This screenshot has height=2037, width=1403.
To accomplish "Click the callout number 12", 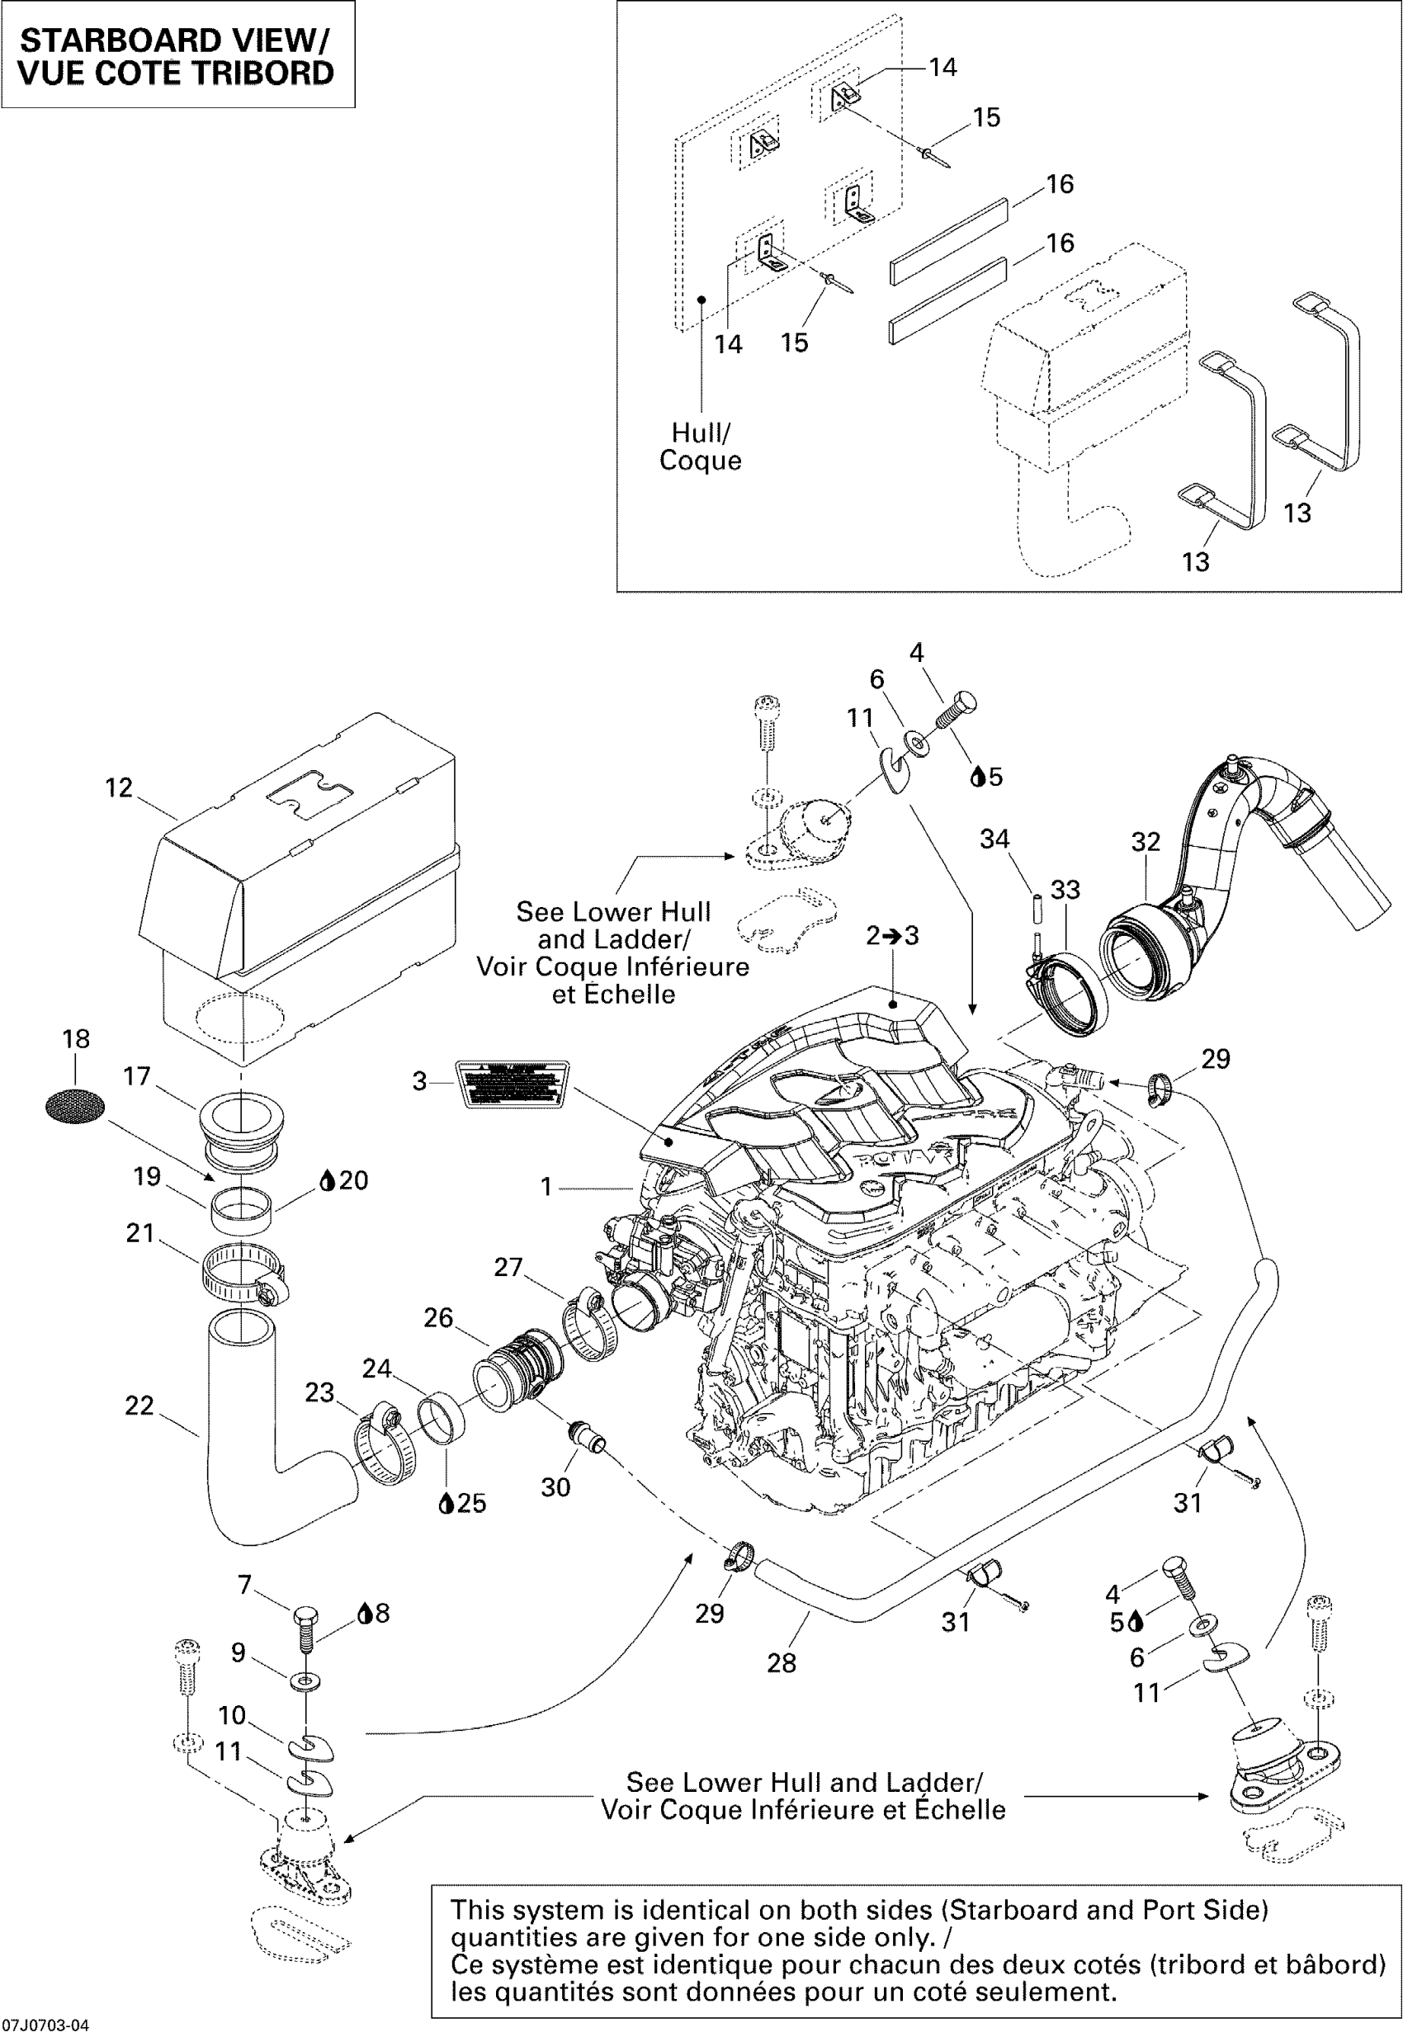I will click(x=119, y=787).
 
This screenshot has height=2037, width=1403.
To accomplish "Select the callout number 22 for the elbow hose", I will click(x=139, y=1406).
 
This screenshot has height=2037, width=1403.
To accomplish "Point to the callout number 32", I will click(x=1146, y=842).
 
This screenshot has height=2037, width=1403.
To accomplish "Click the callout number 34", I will click(x=994, y=839).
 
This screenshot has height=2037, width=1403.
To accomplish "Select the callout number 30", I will click(x=555, y=1486).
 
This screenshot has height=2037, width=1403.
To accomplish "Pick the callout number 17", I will click(x=137, y=1076).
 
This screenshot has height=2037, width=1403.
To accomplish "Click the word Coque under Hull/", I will click(x=700, y=461).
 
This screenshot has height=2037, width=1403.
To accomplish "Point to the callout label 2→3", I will click(x=892, y=935).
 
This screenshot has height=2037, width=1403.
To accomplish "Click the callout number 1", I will click(x=546, y=1187).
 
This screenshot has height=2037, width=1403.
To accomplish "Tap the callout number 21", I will click(x=139, y=1233).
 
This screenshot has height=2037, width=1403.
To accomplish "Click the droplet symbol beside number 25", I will click(x=446, y=1502).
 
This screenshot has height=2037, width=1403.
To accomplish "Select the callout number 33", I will click(x=1065, y=890).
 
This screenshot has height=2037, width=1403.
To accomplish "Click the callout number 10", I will click(x=232, y=1715).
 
